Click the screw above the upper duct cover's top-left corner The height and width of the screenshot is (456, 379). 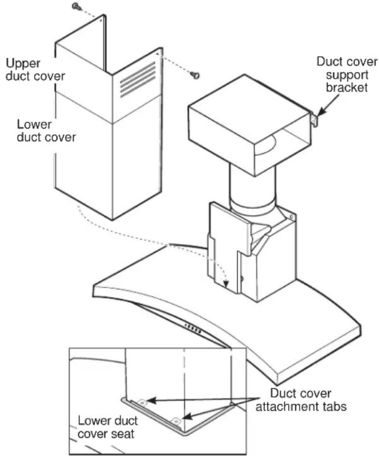pos(76,6)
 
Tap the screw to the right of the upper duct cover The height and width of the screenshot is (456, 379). pos(196,76)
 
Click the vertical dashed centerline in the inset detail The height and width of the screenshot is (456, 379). pos(184,378)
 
